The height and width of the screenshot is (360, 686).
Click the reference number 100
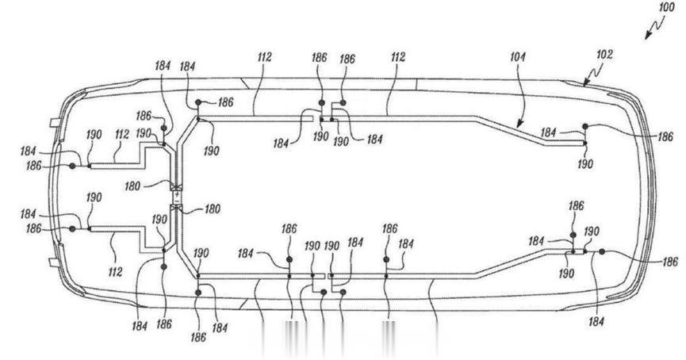click(666, 7)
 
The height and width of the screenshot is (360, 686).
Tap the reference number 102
click(604, 55)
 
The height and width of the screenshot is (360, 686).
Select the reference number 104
click(517, 56)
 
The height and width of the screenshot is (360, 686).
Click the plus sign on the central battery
click(177, 194)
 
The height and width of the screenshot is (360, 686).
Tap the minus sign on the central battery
click(177, 201)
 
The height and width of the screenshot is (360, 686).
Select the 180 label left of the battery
click(132, 186)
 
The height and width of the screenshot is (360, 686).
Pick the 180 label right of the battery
click(213, 209)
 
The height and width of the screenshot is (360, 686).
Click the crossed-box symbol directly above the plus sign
click(176, 187)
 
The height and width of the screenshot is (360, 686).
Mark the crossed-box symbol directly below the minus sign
click(176, 207)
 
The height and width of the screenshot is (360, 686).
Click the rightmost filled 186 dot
click(602, 251)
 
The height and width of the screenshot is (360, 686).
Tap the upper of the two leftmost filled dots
click(73, 166)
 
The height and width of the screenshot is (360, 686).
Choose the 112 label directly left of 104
click(398, 57)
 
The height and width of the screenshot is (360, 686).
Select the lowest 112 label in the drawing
click(115, 272)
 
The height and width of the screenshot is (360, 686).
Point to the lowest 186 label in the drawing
click(198, 337)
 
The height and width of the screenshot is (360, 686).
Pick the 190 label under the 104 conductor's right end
click(585, 164)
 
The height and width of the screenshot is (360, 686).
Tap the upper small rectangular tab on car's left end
click(55, 122)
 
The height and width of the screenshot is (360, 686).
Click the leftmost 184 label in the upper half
click(28, 151)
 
